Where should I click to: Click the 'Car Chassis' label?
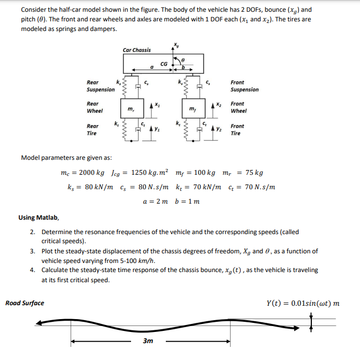coord(136,50)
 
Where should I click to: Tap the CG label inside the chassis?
coord(164,64)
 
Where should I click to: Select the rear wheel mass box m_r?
coord(131,109)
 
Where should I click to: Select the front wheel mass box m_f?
coord(193,109)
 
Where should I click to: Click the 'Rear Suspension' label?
coord(100,86)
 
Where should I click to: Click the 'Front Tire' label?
coord(237,130)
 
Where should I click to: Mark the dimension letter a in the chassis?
coord(152,67)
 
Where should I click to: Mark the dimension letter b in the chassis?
coord(183,67)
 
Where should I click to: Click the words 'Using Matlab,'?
coord(39,218)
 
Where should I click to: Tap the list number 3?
coord(33,251)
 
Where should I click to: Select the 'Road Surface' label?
coord(25,304)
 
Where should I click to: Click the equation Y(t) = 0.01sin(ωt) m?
coord(302,304)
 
